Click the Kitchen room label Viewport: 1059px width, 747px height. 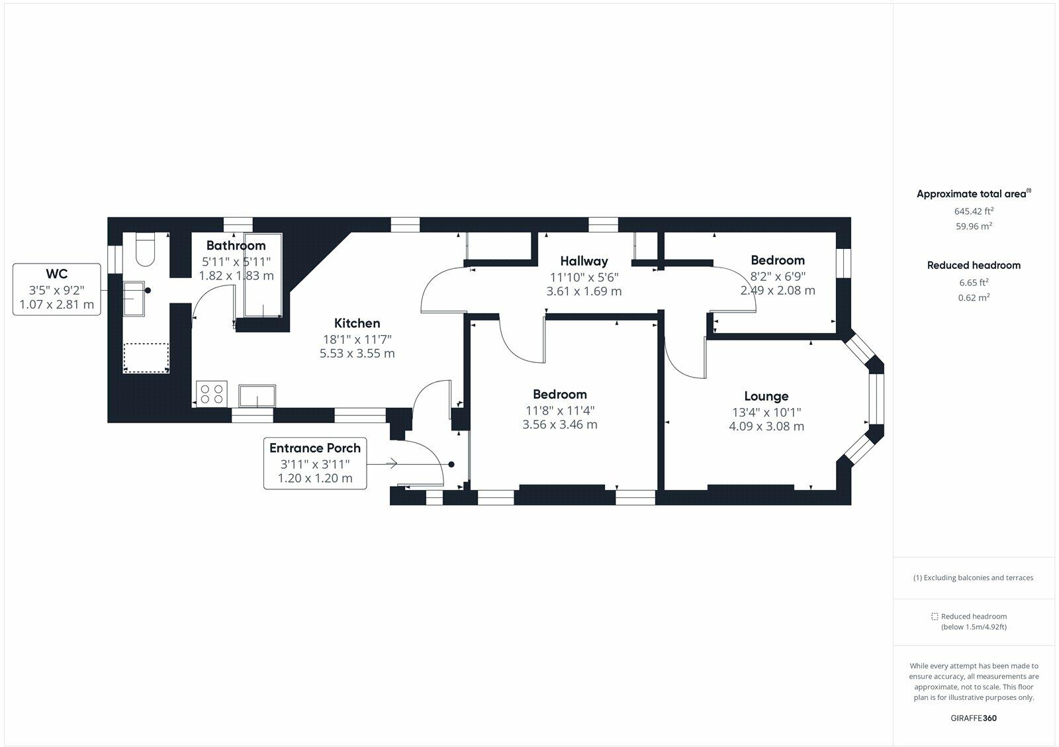tap(357, 323)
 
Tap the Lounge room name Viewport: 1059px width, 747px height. tap(766, 396)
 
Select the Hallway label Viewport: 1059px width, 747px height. tap(584, 261)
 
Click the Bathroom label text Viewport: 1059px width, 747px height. tap(236, 246)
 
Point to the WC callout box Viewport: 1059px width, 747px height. tap(57, 289)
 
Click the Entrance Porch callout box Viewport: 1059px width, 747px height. tap(314, 463)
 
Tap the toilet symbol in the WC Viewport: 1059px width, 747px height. tap(144, 250)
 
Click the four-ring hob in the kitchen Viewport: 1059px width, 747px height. tap(212, 393)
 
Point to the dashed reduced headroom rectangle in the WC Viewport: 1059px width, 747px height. tap(146, 357)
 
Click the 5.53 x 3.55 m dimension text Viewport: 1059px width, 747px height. tap(357, 354)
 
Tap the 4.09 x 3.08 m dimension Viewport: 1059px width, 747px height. tap(766, 426)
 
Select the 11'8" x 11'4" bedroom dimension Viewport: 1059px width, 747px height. tap(559, 411)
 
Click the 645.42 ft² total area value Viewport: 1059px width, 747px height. tap(974, 211)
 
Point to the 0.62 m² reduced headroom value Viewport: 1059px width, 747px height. tap(974, 298)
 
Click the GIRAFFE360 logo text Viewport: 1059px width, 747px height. tap(973, 718)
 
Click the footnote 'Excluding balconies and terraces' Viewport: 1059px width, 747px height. tap(973, 577)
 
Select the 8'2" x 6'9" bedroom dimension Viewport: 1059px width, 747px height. tap(777, 276)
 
